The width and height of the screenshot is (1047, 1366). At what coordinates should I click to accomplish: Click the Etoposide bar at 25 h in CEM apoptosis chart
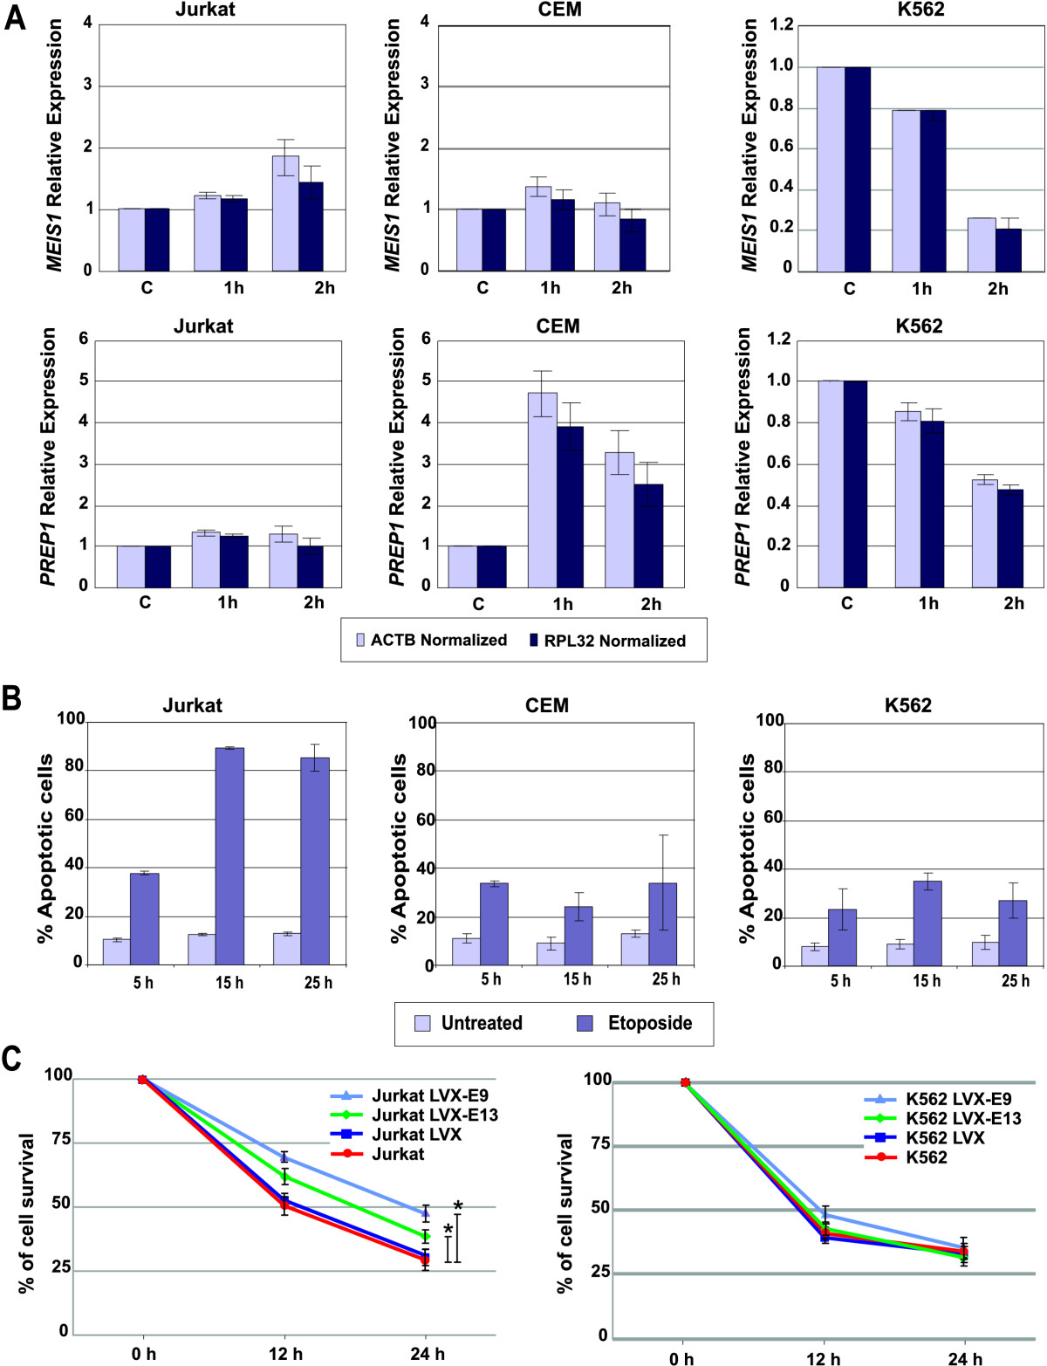[663, 924]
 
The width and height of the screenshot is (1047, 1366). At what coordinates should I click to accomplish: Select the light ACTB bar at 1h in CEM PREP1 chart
[542, 489]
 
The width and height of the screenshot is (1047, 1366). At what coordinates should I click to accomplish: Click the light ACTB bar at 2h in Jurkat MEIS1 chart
[285, 213]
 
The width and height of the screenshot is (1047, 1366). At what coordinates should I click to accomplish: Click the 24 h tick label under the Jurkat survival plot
[427, 1354]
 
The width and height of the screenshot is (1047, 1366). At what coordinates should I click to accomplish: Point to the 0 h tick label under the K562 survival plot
[682, 1358]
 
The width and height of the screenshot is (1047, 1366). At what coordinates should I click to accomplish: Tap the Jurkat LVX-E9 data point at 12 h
[284, 1157]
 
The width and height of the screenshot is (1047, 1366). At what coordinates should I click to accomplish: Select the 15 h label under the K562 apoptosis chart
[927, 981]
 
